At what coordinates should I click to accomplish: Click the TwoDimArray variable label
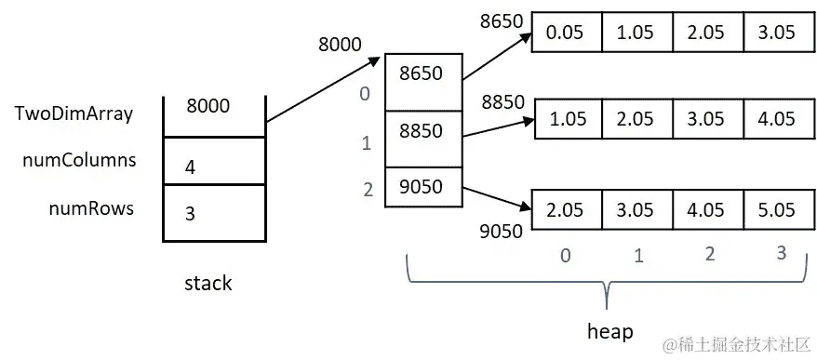74,114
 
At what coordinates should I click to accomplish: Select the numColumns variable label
79,160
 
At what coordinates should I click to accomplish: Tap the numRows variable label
91,208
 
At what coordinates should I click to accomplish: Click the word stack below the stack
208,284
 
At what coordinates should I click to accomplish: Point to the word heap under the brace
610,331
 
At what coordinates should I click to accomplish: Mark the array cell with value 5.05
777,210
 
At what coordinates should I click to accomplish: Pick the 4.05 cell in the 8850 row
777,119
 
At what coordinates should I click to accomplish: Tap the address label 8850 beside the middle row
503,102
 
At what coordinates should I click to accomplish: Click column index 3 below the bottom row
779,253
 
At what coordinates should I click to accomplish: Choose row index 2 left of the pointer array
368,190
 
